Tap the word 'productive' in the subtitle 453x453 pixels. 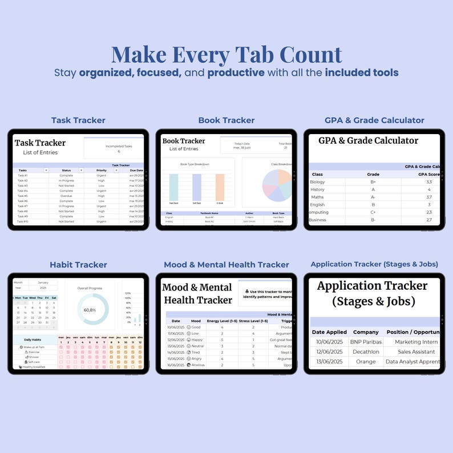click(x=236, y=73)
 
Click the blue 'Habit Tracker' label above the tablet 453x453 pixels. click(x=78, y=265)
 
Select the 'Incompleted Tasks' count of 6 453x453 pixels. click(x=119, y=152)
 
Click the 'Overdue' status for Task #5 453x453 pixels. click(x=66, y=196)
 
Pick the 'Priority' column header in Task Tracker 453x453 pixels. click(x=102, y=170)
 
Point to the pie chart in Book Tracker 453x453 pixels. click(x=277, y=185)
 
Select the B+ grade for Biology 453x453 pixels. click(x=373, y=182)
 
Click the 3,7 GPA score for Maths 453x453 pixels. click(x=428, y=197)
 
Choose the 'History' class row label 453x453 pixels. click(x=317, y=189)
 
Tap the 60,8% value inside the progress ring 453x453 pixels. click(x=90, y=310)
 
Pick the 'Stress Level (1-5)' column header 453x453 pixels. click(x=254, y=321)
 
